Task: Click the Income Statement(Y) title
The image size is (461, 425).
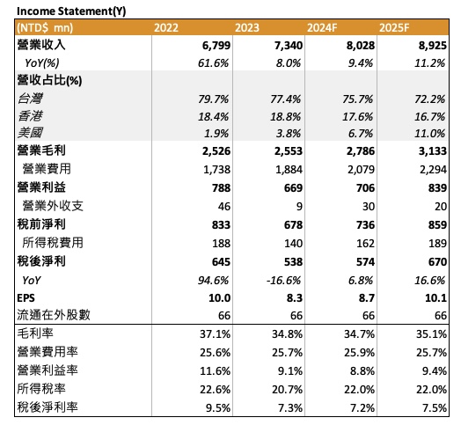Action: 71,11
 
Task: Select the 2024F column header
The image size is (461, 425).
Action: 322,28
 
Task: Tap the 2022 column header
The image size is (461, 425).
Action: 166,28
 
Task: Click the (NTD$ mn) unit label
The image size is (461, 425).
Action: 45,28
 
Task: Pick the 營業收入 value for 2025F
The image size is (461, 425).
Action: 433,46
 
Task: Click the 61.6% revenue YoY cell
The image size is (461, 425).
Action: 213,63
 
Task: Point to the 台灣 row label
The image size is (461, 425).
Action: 30,99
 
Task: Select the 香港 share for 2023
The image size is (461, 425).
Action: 285,117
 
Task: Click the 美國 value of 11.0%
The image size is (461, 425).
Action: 430,134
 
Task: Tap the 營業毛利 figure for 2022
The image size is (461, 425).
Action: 216,151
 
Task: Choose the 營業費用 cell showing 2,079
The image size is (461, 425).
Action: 361,170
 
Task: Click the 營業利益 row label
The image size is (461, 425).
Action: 41,187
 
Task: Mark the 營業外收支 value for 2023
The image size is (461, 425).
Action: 299,207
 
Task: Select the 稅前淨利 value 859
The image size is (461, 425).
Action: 437,225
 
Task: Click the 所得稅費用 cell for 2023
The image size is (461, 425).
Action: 293,244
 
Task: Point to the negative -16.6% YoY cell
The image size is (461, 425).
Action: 283,281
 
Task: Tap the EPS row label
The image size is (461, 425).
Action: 26,298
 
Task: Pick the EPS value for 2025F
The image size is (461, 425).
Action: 435,298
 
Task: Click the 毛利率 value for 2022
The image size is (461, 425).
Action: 215,334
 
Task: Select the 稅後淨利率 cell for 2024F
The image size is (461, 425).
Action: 362,408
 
